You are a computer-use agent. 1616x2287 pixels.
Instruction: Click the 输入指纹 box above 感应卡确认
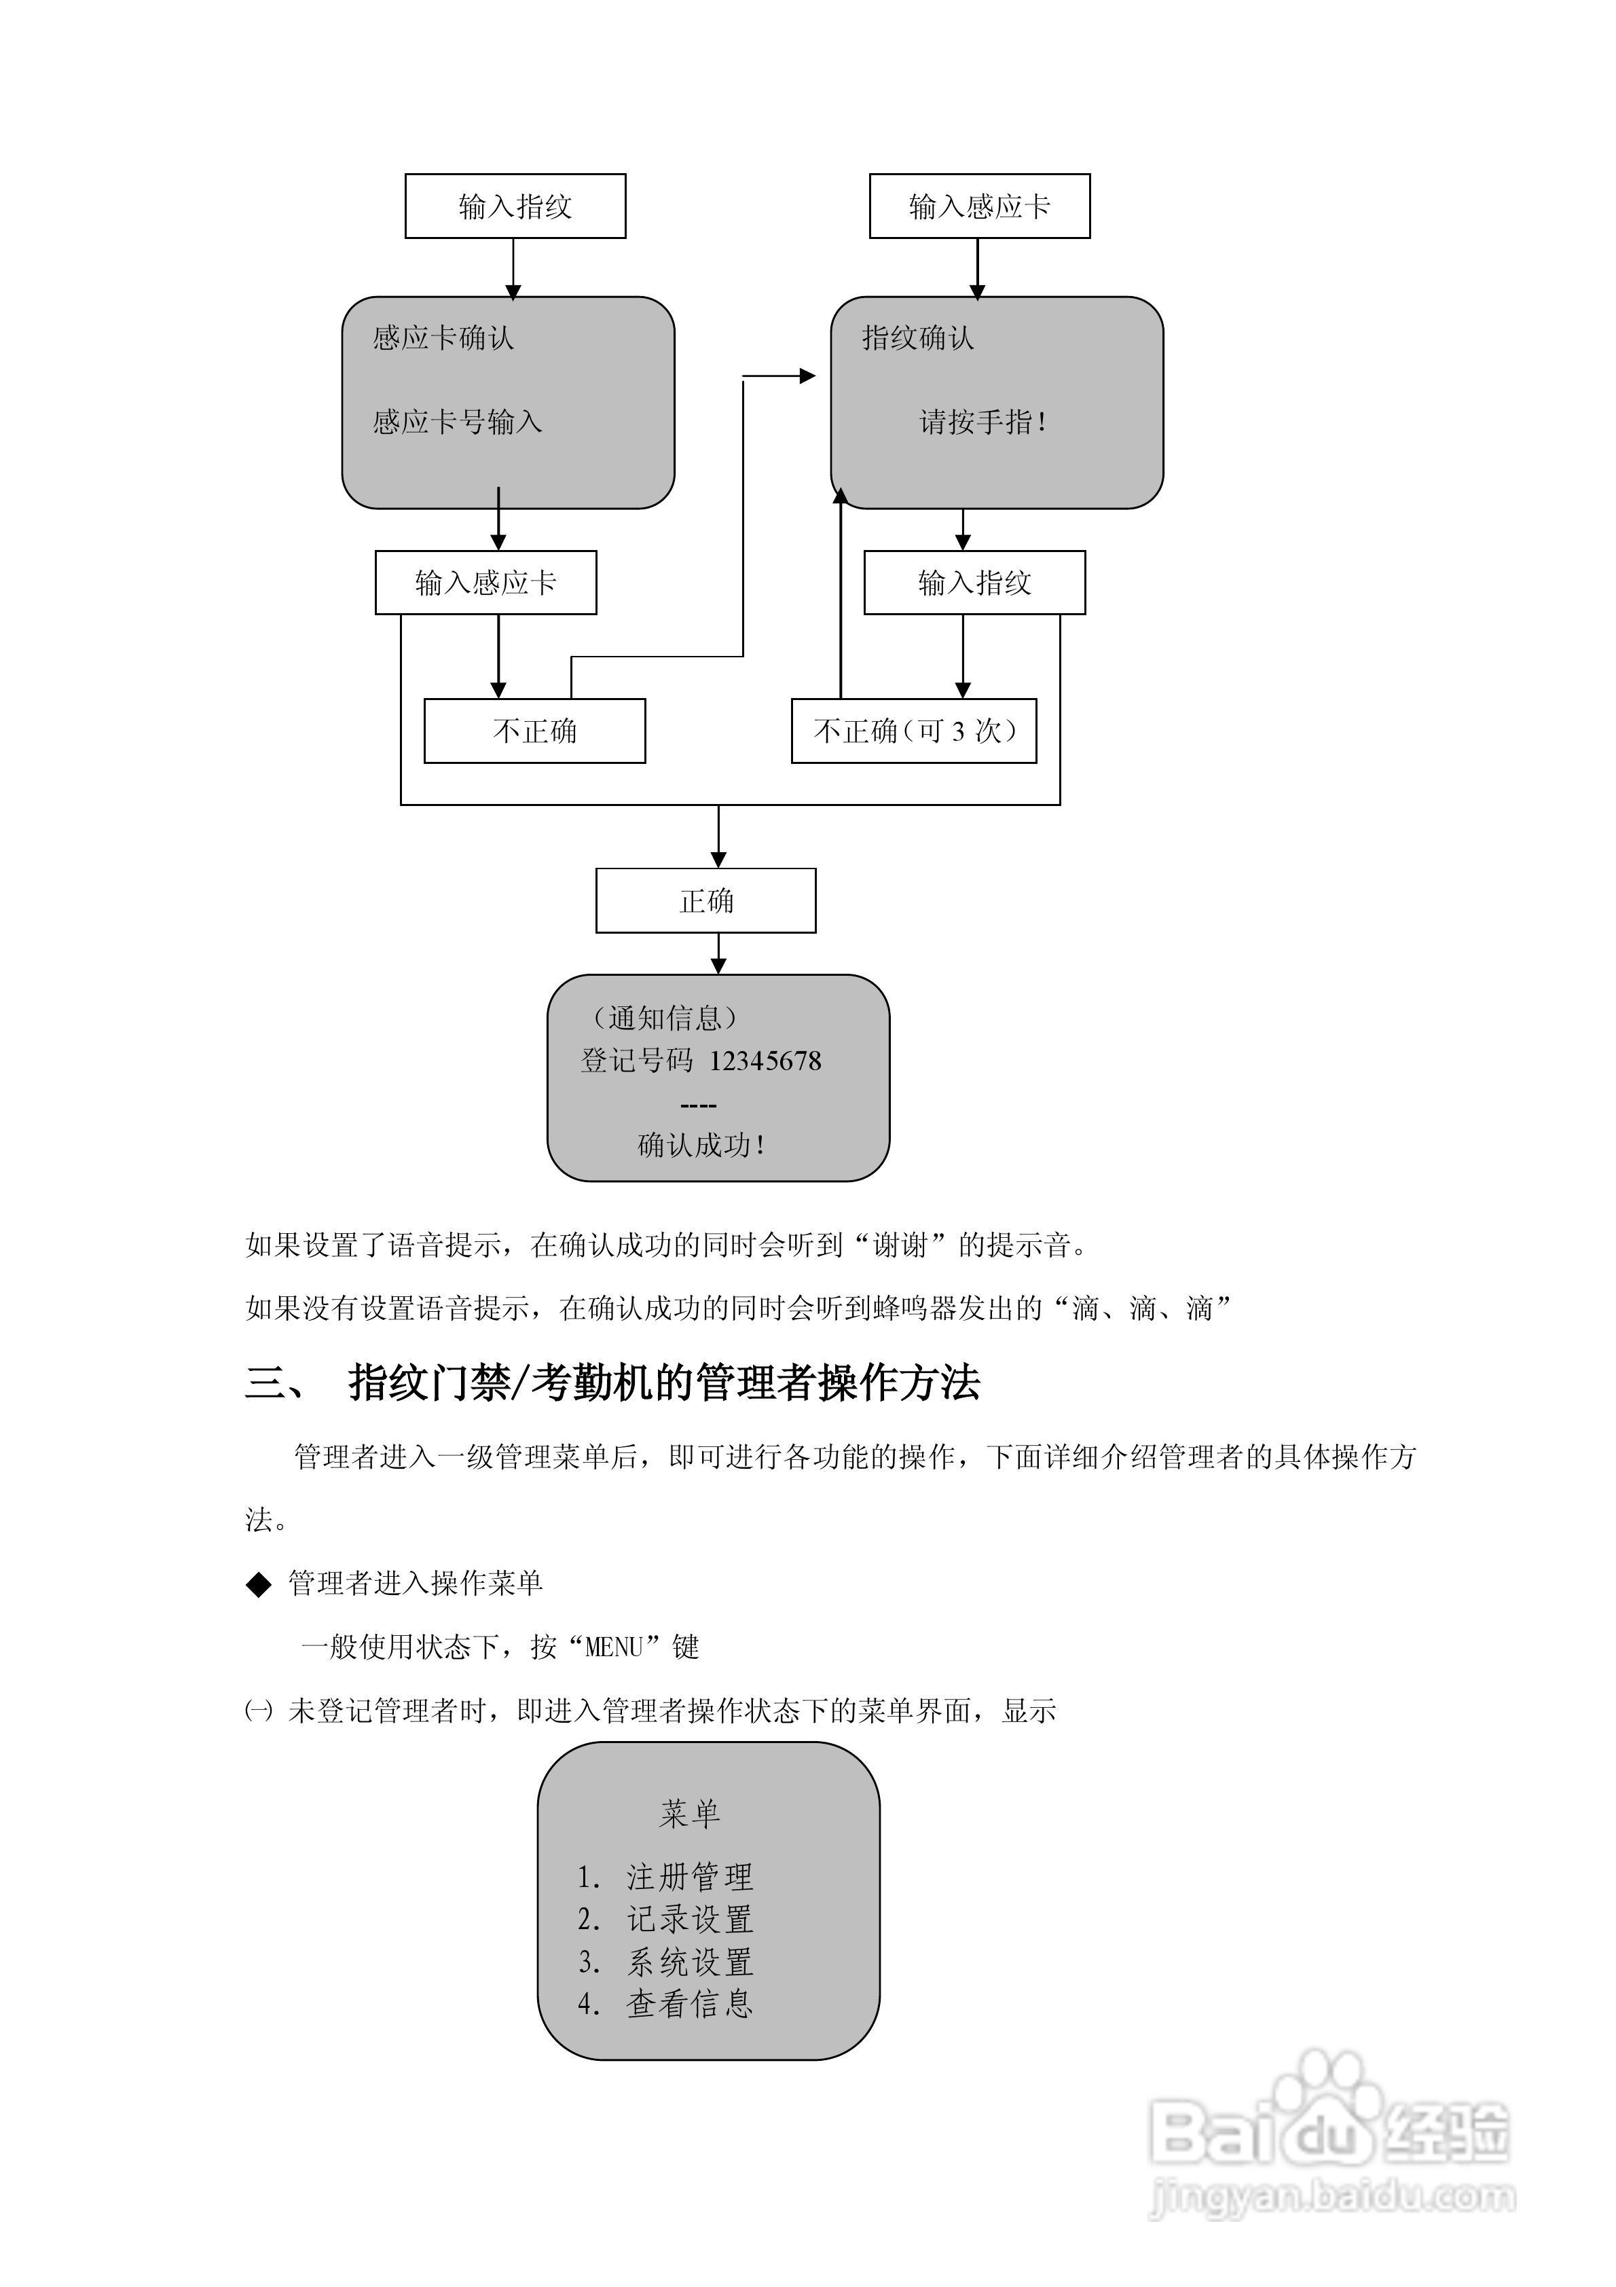click(515, 206)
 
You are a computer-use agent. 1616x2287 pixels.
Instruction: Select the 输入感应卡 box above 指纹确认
click(979, 206)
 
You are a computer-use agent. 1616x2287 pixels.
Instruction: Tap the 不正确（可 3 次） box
click(914, 731)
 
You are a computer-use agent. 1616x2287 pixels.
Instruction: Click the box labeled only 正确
click(705, 900)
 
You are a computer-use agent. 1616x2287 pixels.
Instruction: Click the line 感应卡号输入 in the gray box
click(458, 422)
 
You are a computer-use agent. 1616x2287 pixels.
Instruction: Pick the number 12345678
click(765, 1061)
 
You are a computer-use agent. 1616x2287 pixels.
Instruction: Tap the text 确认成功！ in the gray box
click(702, 1146)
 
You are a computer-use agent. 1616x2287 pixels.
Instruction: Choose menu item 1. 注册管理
click(665, 1877)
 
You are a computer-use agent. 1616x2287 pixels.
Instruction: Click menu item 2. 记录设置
click(665, 1920)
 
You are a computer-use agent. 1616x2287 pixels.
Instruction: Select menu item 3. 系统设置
click(665, 1962)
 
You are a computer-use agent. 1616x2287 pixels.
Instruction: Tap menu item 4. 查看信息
click(665, 2004)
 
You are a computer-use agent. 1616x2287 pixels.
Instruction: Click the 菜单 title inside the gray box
click(689, 1814)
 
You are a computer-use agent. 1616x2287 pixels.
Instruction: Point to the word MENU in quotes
click(614, 1647)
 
